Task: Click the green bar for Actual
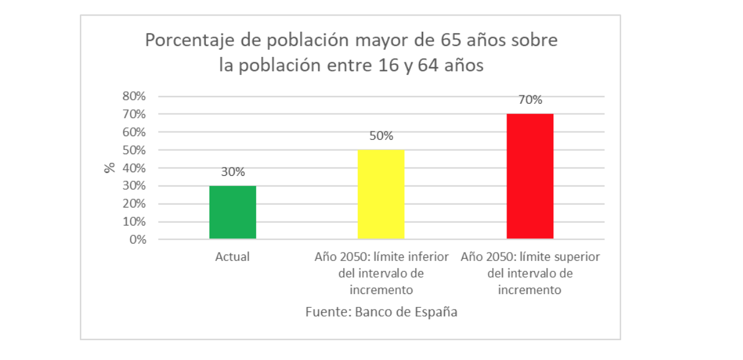pyautogui.click(x=233, y=212)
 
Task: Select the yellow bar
pyautogui.click(x=381, y=194)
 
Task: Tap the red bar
pyautogui.click(x=530, y=176)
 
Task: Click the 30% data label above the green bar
pyautogui.click(x=233, y=172)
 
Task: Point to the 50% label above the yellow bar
pyautogui.click(x=381, y=136)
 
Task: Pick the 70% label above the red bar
pyautogui.click(x=530, y=100)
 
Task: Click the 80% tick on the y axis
pyautogui.click(x=134, y=96)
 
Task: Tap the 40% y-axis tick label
pyautogui.click(x=134, y=168)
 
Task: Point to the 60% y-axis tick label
pyautogui.click(x=134, y=132)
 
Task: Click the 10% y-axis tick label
pyautogui.click(x=134, y=221)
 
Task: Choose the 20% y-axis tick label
pyautogui.click(x=134, y=203)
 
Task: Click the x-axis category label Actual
pyautogui.click(x=233, y=257)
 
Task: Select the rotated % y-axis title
pyautogui.click(x=109, y=167)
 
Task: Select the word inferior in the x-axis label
pyautogui.click(x=427, y=257)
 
